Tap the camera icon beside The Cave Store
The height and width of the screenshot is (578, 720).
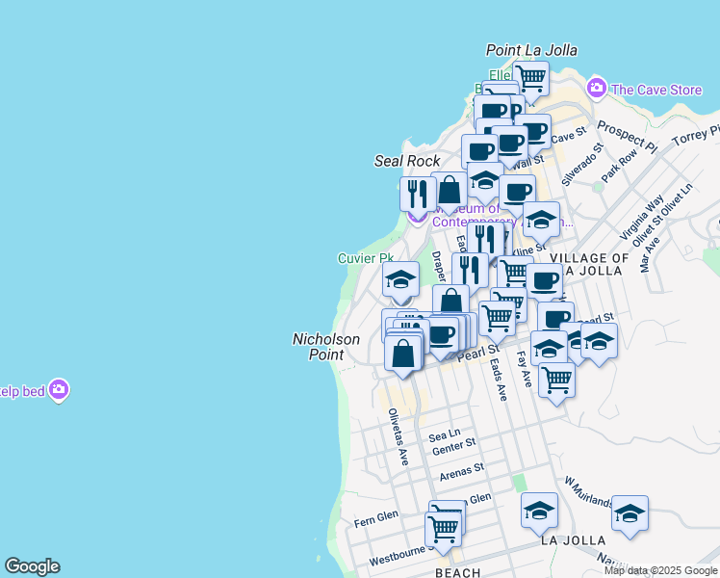click(597, 89)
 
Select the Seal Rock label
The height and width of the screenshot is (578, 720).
click(407, 161)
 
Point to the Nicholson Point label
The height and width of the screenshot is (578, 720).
click(325, 347)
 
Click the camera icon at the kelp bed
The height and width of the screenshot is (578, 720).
click(59, 390)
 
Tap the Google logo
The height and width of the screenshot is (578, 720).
click(32, 566)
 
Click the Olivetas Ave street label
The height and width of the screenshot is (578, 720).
click(398, 437)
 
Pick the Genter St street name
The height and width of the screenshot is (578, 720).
click(454, 447)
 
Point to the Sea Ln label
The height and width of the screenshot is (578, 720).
click(446, 434)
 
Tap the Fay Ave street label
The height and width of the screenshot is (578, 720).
click(526, 368)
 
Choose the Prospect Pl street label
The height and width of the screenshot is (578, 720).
click(626, 137)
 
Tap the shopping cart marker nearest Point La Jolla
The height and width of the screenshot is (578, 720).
click(530, 77)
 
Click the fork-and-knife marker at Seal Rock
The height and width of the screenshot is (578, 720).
click(418, 193)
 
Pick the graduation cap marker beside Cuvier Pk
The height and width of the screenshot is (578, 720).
click(400, 280)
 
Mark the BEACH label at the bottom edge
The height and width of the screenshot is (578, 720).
click(457, 573)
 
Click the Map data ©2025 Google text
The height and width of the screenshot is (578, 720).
click(660, 570)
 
